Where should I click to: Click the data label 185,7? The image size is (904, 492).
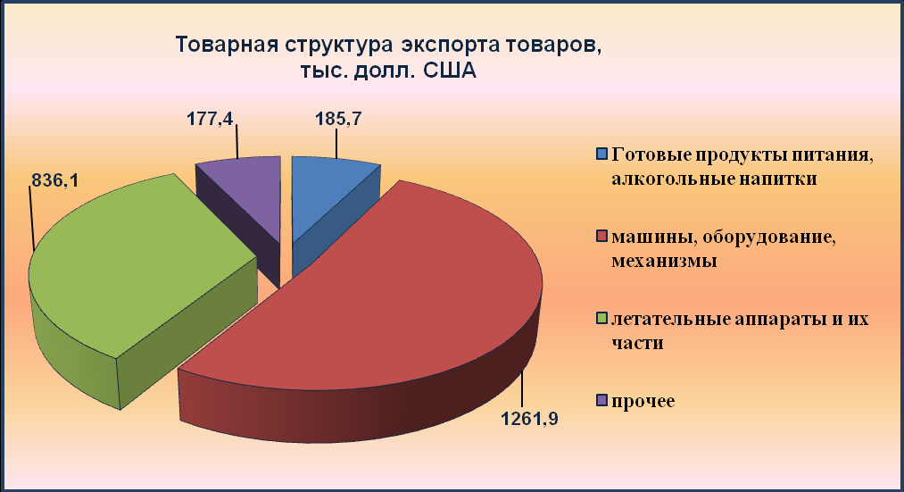(338, 119)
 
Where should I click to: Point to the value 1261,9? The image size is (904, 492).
(529, 418)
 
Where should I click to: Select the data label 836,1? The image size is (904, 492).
(54, 180)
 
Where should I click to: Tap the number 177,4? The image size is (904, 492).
(210, 119)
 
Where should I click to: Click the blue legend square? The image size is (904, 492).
(601, 154)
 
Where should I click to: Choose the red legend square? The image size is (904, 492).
(601, 237)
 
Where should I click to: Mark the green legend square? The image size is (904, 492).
(601, 319)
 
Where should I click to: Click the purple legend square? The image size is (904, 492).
(601, 400)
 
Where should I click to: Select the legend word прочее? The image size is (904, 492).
(643, 402)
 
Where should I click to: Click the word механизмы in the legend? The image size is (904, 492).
(664, 261)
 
